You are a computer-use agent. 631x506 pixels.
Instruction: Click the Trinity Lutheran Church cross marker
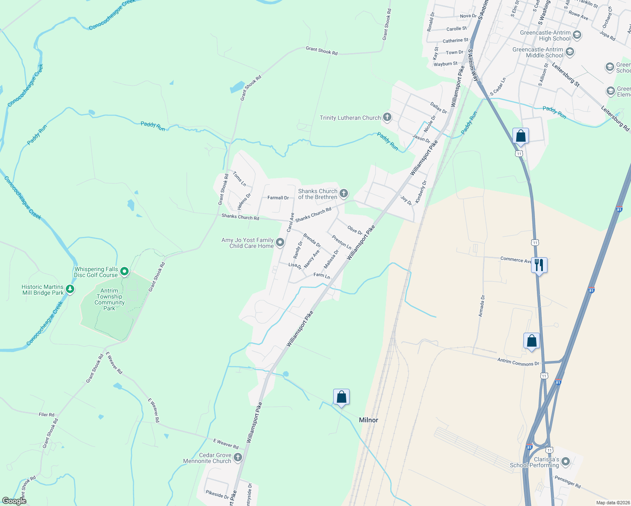[387, 118]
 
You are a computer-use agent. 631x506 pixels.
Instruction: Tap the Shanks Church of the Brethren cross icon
[344, 194]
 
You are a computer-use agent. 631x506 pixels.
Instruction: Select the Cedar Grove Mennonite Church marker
[238, 458]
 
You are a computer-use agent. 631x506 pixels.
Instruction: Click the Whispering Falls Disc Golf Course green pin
[124, 272]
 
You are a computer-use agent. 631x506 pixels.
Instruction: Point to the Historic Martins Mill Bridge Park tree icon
[70, 289]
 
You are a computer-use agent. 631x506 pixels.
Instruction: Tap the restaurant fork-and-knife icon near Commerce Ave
[539, 265]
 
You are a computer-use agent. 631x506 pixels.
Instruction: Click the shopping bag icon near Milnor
[341, 397]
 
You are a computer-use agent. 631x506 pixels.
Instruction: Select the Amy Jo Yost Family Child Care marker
[280, 243]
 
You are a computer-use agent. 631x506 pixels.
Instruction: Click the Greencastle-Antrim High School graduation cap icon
[577, 35]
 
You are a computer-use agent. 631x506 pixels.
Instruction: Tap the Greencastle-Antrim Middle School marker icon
[570, 52]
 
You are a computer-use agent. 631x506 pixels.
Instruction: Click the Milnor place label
[368, 420]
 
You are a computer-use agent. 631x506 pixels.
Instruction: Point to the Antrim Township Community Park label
[109, 299]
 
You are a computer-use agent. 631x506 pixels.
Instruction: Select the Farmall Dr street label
[278, 198]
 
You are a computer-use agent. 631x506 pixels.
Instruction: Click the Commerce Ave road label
[515, 260]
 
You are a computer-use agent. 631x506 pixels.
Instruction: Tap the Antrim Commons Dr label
[518, 362]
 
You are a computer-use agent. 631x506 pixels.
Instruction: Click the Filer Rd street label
[46, 414]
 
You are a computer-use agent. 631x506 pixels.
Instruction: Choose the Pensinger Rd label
[567, 482]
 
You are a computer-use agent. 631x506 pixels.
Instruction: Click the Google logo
[14, 501]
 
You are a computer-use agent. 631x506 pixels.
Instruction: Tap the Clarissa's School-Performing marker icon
[565, 462]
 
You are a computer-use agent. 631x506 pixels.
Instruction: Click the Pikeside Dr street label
[217, 494]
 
